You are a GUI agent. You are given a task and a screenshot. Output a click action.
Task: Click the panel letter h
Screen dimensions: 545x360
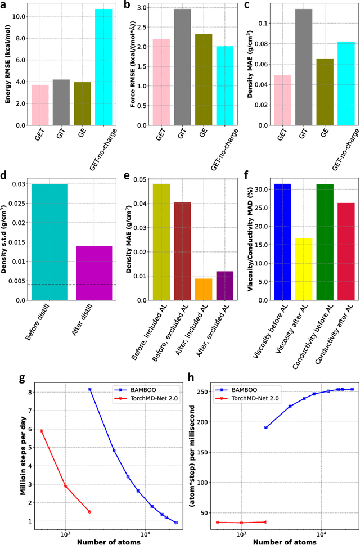click(192, 378)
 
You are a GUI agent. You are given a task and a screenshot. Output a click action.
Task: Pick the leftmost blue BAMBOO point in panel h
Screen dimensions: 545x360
click(265, 427)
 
